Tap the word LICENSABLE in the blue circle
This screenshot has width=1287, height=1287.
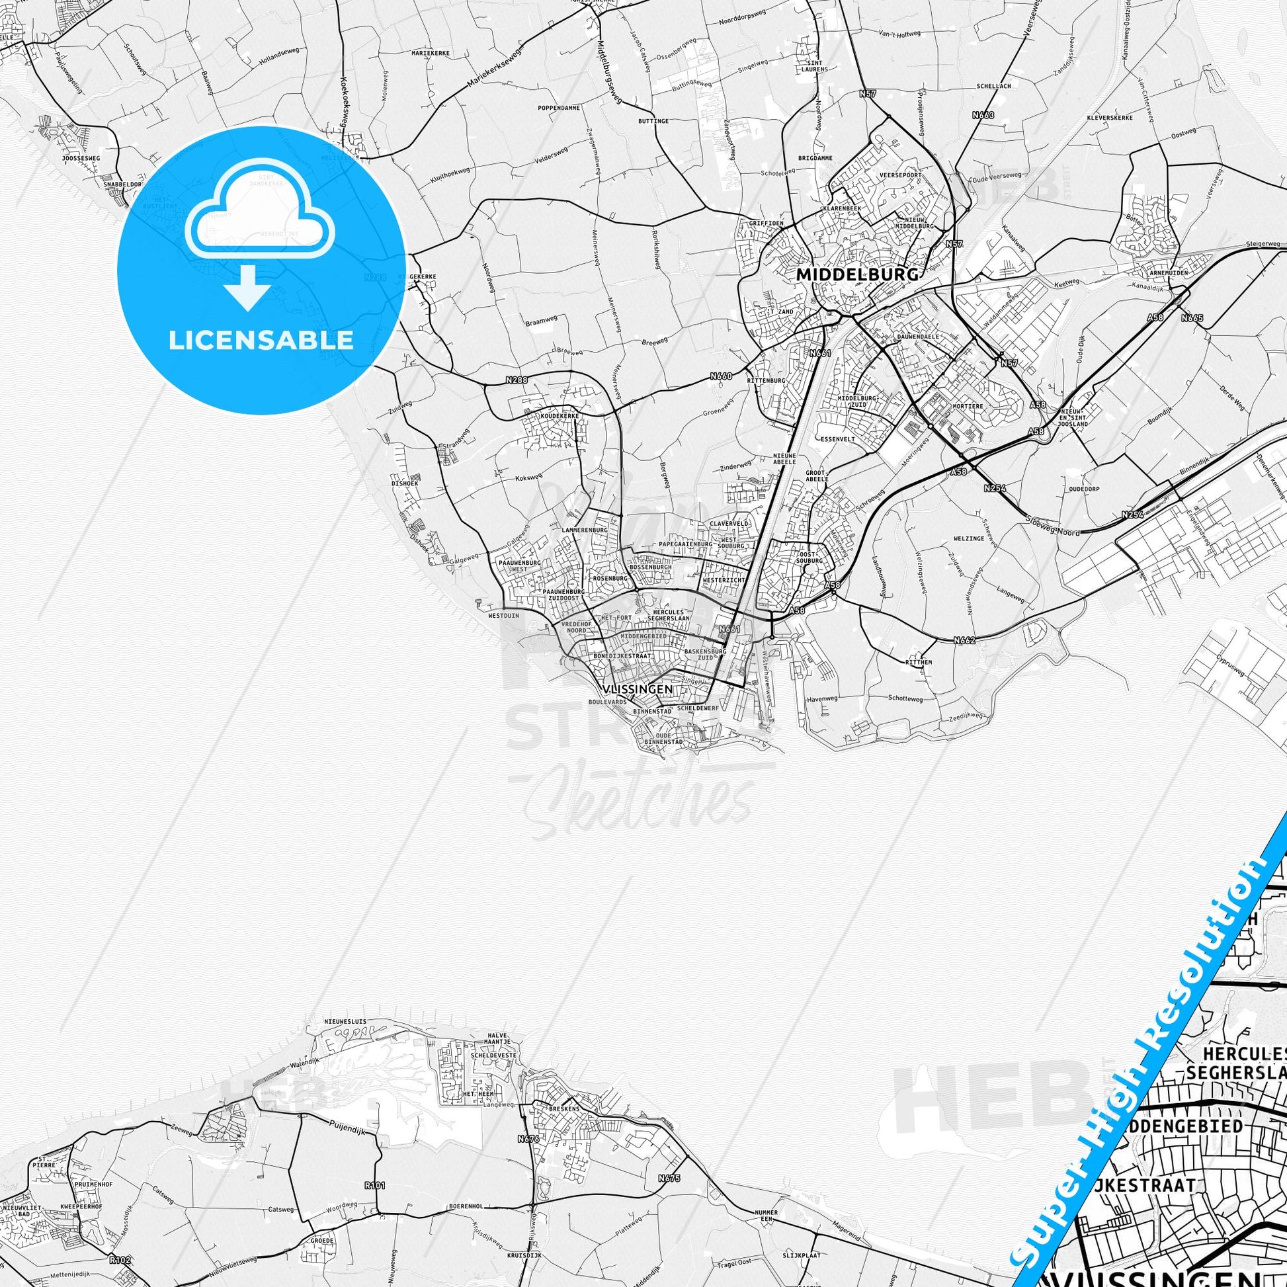261,340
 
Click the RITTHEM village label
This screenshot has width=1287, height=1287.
918,662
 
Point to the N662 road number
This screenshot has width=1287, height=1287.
964,640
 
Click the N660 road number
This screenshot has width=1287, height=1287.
721,376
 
